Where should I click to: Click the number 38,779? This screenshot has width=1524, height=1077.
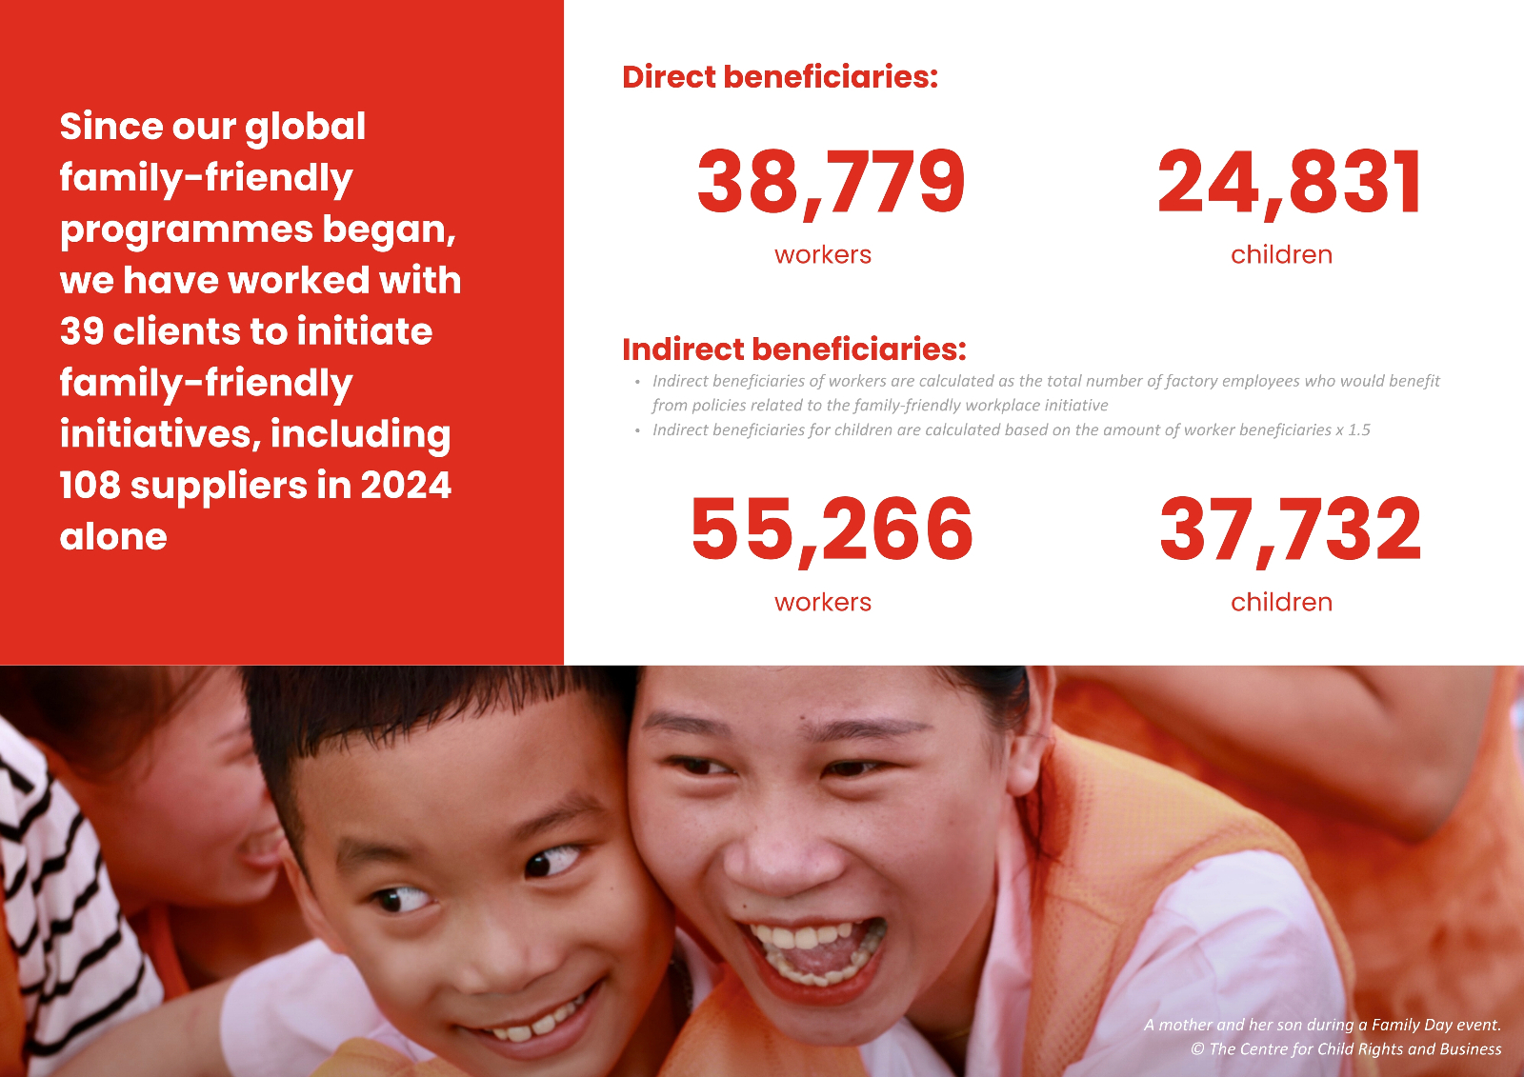click(831, 184)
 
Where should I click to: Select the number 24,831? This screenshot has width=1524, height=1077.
click(1289, 184)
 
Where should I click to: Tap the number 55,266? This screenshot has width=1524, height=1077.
click(832, 530)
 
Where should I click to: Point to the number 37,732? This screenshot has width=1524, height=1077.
click(1291, 530)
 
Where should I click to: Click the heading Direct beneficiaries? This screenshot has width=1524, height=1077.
click(780, 77)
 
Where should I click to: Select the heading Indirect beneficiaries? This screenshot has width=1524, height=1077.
click(794, 349)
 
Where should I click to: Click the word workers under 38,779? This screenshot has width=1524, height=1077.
click(823, 255)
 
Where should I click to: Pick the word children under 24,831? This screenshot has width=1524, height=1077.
click(1282, 254)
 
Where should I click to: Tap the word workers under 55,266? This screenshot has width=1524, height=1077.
click(823, 603)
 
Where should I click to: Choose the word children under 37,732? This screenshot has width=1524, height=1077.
click(1282, 602)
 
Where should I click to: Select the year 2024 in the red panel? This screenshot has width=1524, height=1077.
click(406, 485)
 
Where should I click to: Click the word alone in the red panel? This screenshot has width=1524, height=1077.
click(113, 537)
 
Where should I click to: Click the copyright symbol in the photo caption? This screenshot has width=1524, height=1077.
click(1197, 1049)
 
